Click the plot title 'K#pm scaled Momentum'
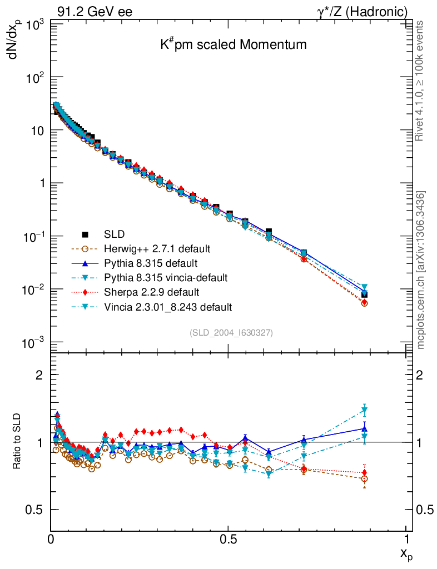pos(233,45)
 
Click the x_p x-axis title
pos(405,554)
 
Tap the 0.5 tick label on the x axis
pos(228,539)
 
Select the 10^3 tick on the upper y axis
pos(33,25)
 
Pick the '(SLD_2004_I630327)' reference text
pos(231,332)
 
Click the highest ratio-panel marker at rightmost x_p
pos(364,411)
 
